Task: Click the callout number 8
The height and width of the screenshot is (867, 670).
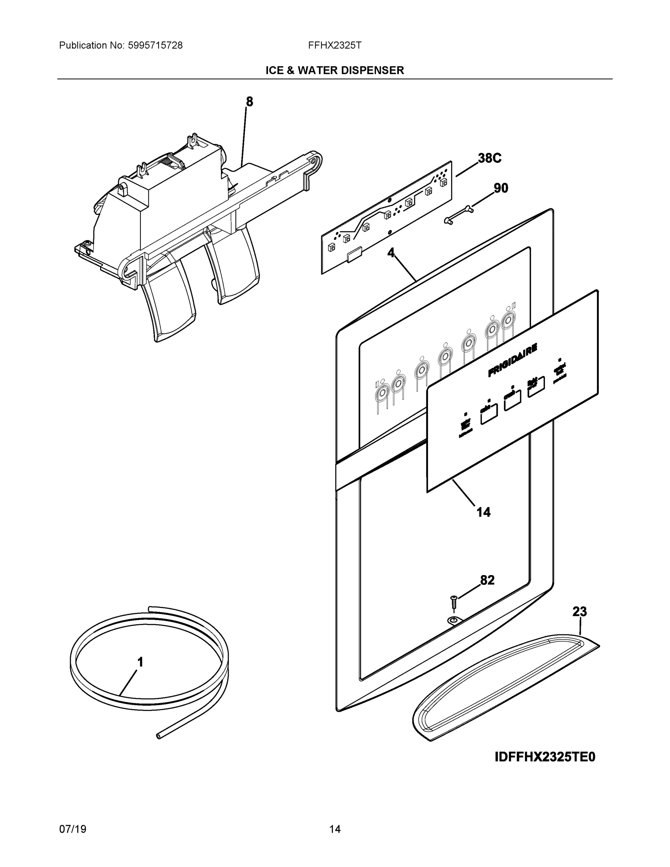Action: (249, 102)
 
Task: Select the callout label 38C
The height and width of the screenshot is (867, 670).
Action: (489, 158)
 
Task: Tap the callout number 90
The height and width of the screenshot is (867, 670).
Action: (501, 188)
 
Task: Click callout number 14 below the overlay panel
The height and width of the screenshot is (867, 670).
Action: (484, 513)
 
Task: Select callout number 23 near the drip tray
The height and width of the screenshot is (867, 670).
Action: (579, 611)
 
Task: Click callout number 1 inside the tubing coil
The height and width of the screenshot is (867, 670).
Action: (140, 662)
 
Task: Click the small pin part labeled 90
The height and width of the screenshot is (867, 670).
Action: (458, 214)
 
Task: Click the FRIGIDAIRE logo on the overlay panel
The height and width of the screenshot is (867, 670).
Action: (513, 360)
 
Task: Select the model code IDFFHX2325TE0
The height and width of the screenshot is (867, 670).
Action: (545, 757)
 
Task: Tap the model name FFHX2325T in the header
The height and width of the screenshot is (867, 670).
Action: (334, 46)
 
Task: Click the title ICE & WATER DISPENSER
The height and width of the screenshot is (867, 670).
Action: (334, 71)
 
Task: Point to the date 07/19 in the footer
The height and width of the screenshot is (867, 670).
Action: (73, 829)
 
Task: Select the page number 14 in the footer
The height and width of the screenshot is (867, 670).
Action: (334, 829)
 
